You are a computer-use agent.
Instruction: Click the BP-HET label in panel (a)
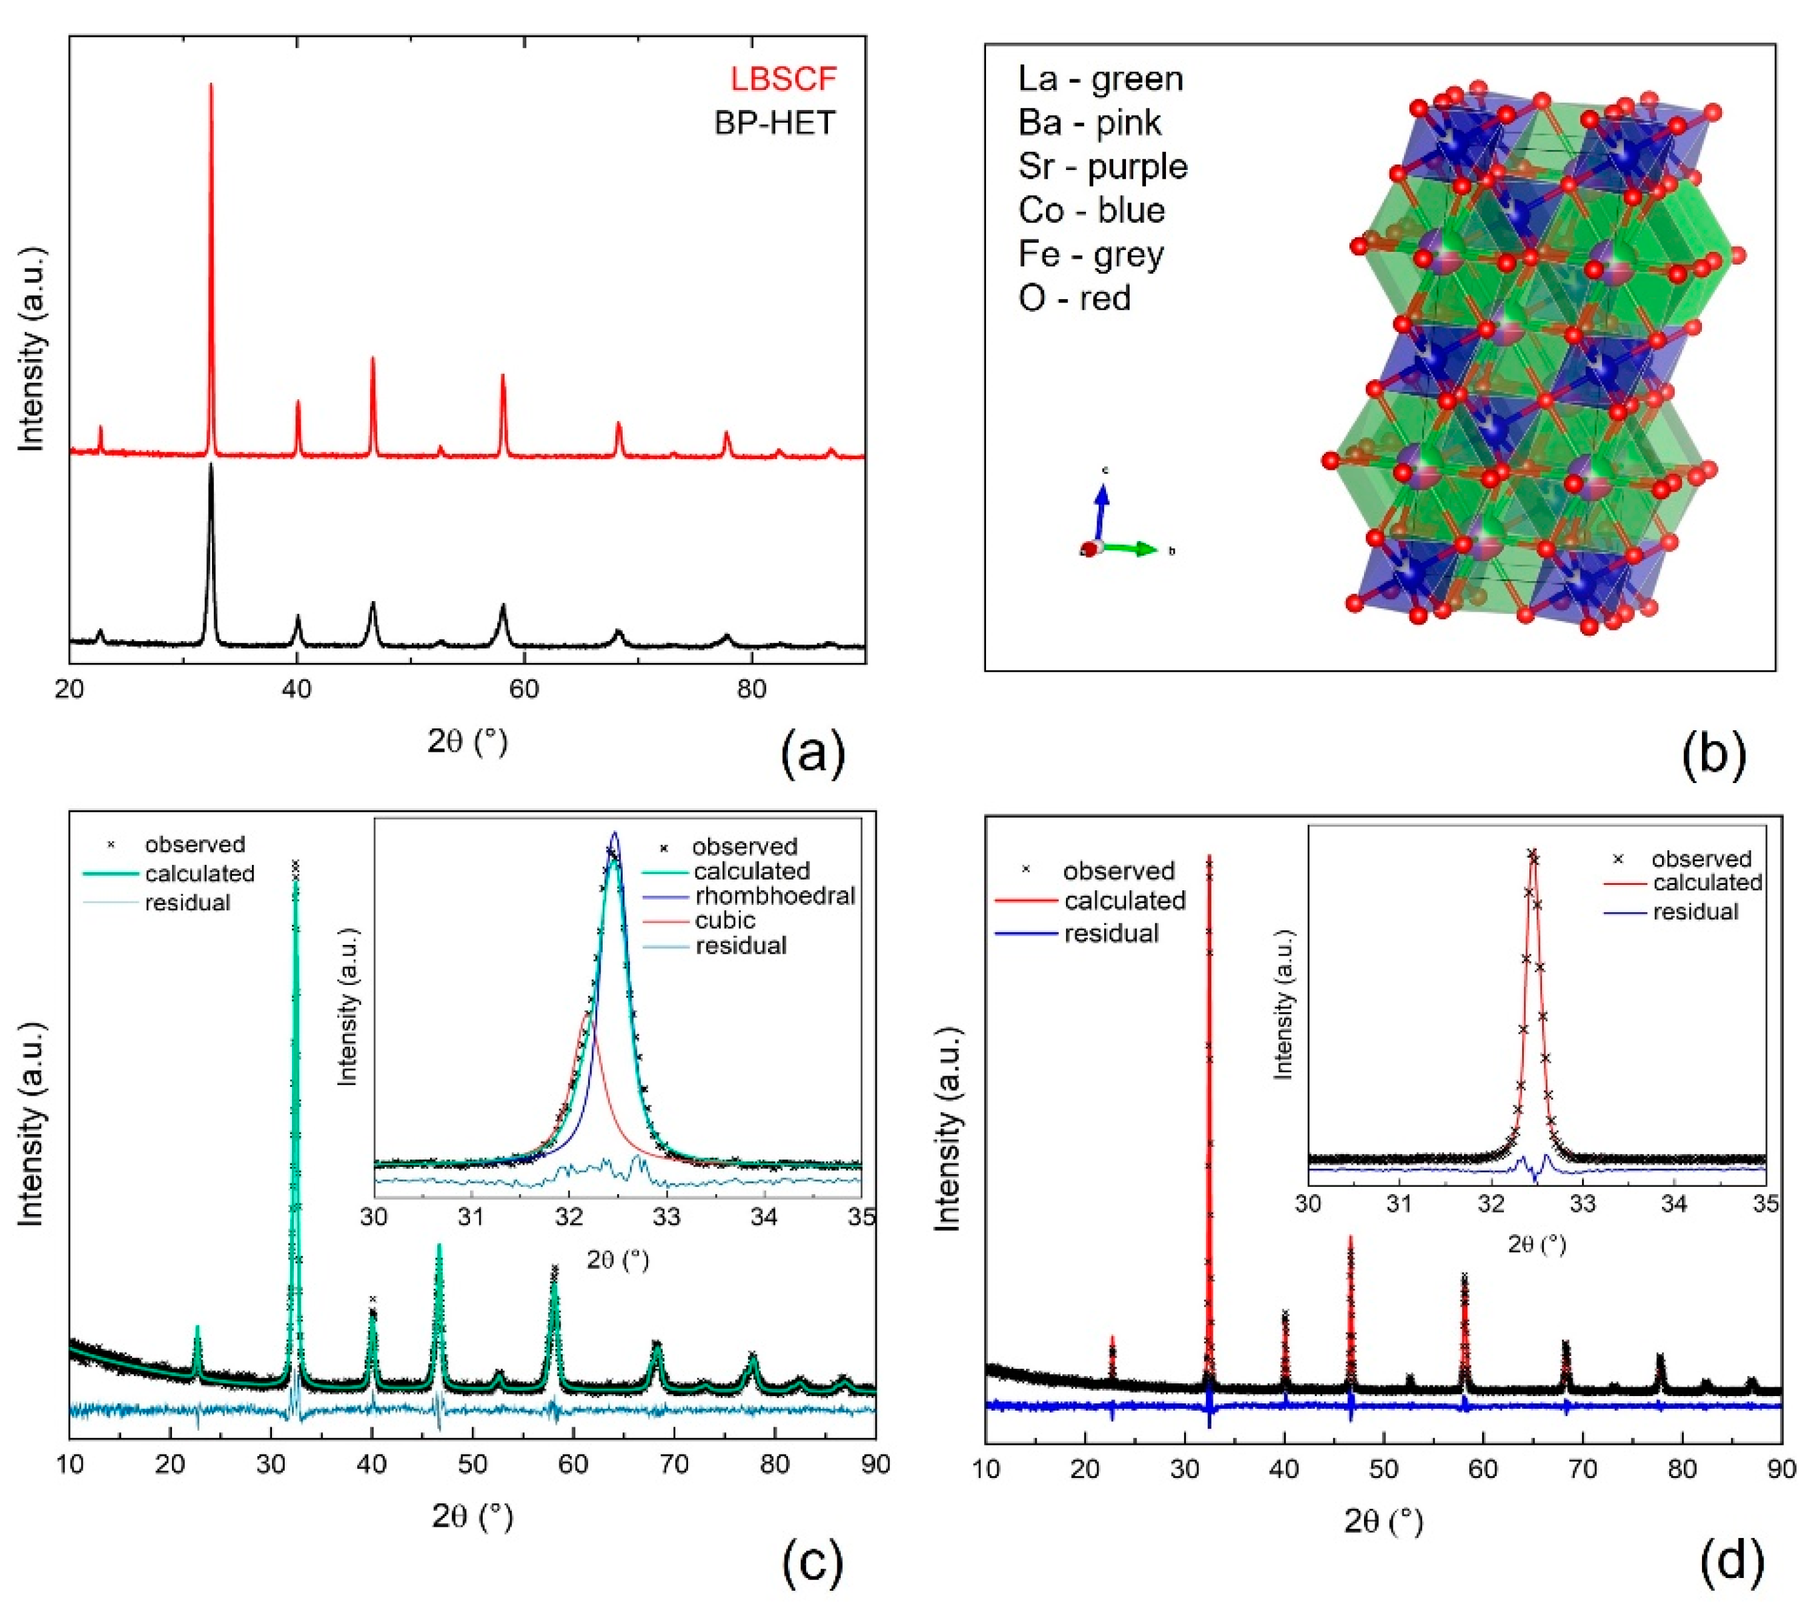[774, 123]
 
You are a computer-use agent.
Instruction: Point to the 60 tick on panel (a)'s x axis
[525, 689]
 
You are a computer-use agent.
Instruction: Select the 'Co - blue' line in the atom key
[1091, 210]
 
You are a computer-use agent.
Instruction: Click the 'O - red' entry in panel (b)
[1074, 298]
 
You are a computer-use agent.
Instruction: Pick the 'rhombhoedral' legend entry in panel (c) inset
[774, 895]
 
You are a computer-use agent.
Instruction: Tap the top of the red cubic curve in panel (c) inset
[586, 1013]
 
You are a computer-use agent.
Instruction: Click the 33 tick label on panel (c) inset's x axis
[667, 1216]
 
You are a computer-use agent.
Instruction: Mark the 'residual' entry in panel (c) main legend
[187, 902]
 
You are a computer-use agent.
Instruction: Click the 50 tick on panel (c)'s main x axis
[472, 1463]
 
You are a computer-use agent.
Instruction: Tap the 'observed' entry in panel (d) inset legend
[1701, 859]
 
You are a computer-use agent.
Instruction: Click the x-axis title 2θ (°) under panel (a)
[468, 740]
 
